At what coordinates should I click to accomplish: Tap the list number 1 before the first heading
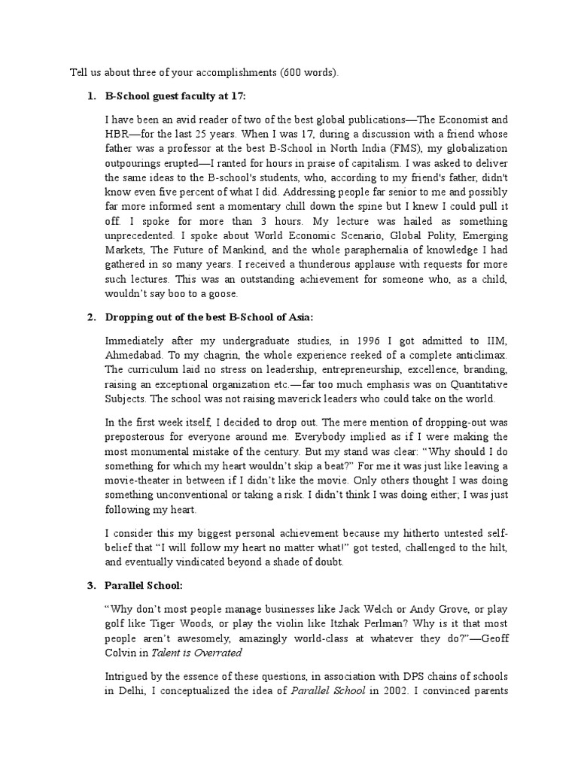90,96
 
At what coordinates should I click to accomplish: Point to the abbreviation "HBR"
117,135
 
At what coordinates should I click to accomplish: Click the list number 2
90,317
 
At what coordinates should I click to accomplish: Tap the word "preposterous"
139,437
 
